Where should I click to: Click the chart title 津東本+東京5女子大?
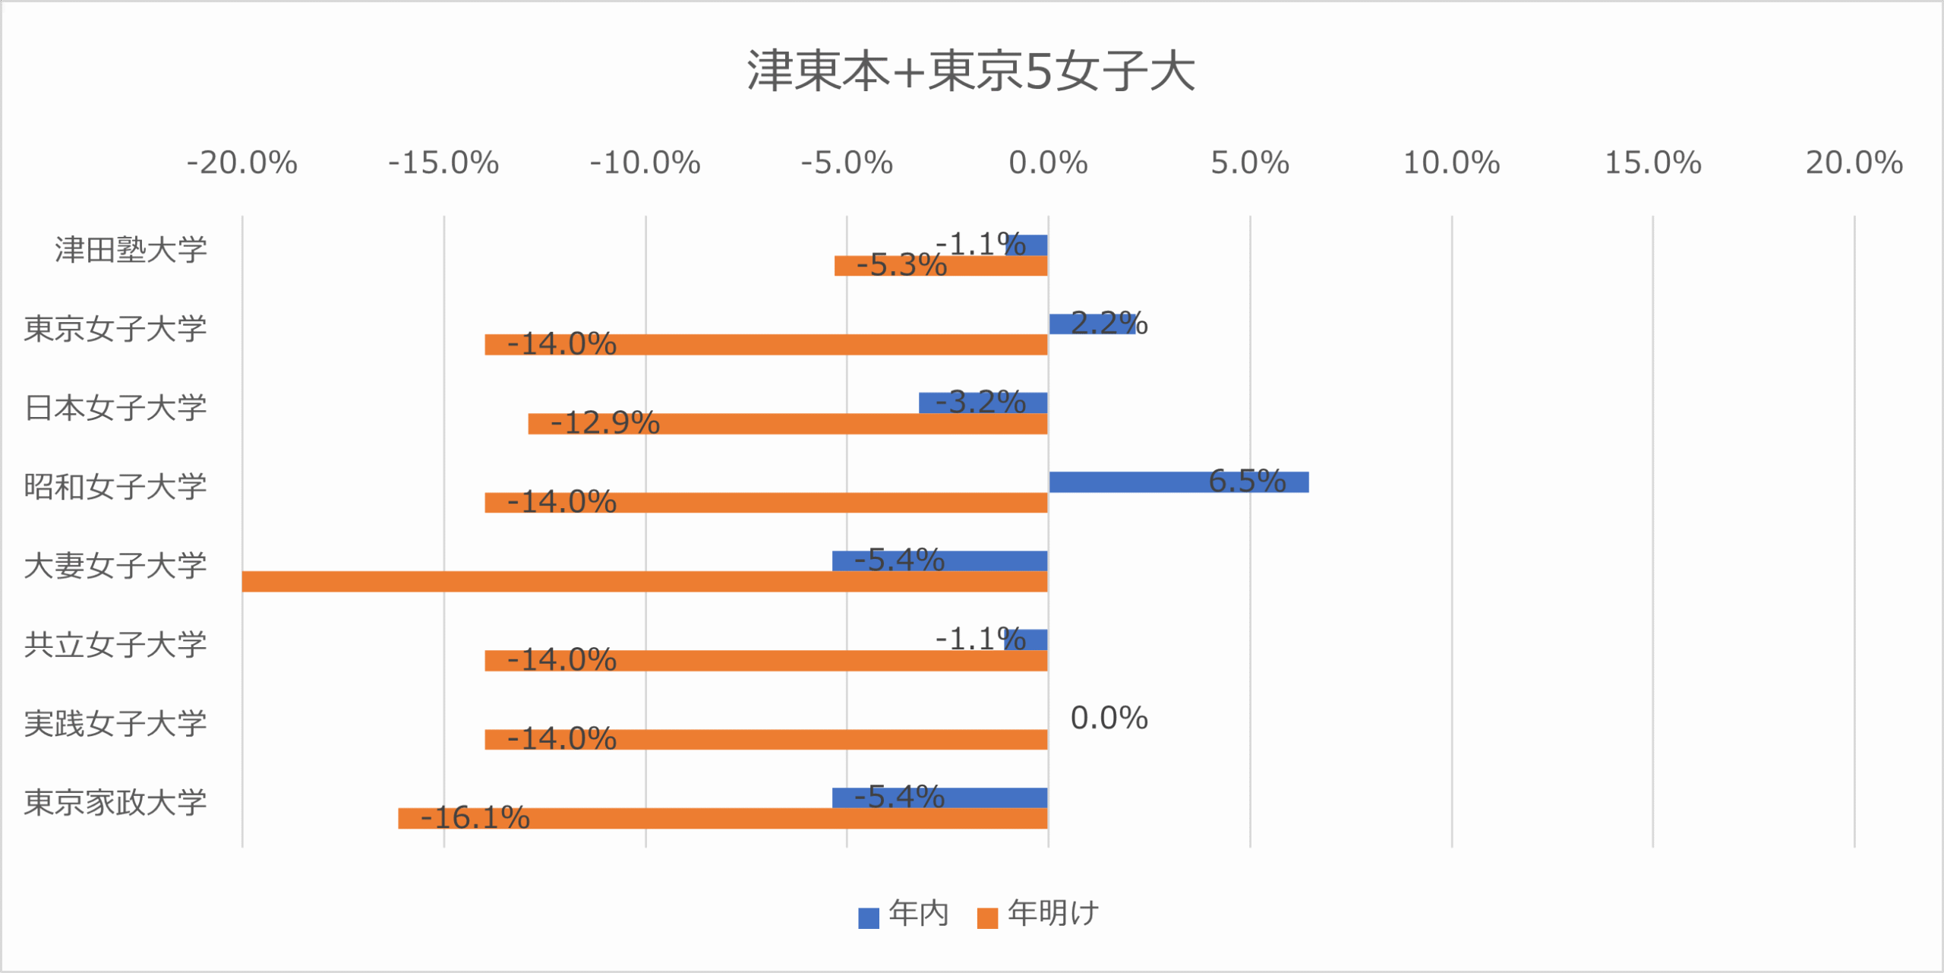click(971, 71)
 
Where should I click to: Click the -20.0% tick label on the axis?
click(242, 163)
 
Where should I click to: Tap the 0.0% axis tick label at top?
click(1048, 163)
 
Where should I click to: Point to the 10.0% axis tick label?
click(1451, 163)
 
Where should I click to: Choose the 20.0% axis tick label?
click(1854, 163)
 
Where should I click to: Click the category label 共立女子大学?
click(115, 645)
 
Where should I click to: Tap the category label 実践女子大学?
click(115, 724)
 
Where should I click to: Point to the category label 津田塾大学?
click(131, 250)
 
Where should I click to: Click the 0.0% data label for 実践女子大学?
click(1109, 719)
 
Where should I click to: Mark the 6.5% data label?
click(1247, 481)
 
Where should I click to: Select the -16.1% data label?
click(475, 818)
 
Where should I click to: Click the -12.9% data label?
click(604, 423)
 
